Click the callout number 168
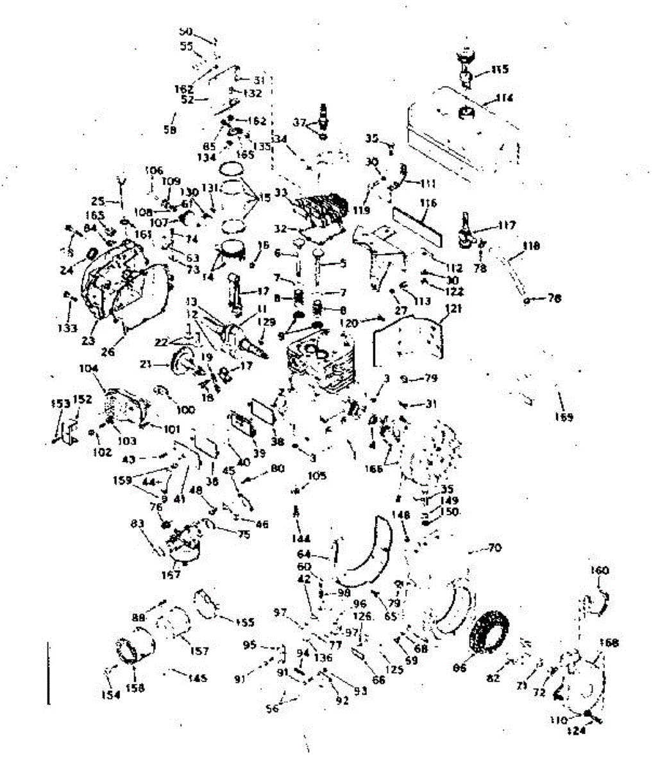(611, 643)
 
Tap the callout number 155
(245, 622)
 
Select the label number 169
(564, 417)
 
